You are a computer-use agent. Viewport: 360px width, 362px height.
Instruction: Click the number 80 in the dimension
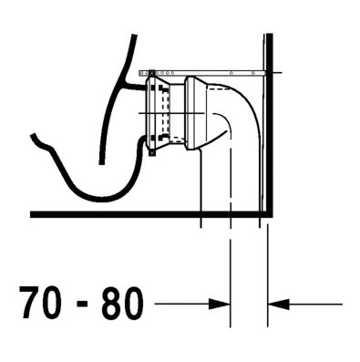coord(123,303)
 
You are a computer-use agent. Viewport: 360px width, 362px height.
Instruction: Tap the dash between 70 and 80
coord(82,305)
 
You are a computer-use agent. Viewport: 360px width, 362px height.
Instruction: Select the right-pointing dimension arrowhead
coord(219,304)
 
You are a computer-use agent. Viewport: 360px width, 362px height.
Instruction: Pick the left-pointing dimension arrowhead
coord(279,304)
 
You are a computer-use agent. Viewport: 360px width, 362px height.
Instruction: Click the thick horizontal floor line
coord(151,214)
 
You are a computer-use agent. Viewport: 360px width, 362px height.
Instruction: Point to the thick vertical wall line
coord(270,125)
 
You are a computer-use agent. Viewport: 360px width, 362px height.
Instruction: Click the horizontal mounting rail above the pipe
coord(202,73)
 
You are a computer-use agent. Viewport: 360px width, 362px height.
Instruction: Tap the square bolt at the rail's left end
coord(151,73)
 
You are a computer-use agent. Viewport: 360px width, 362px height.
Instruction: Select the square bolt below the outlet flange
coord(151,153)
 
